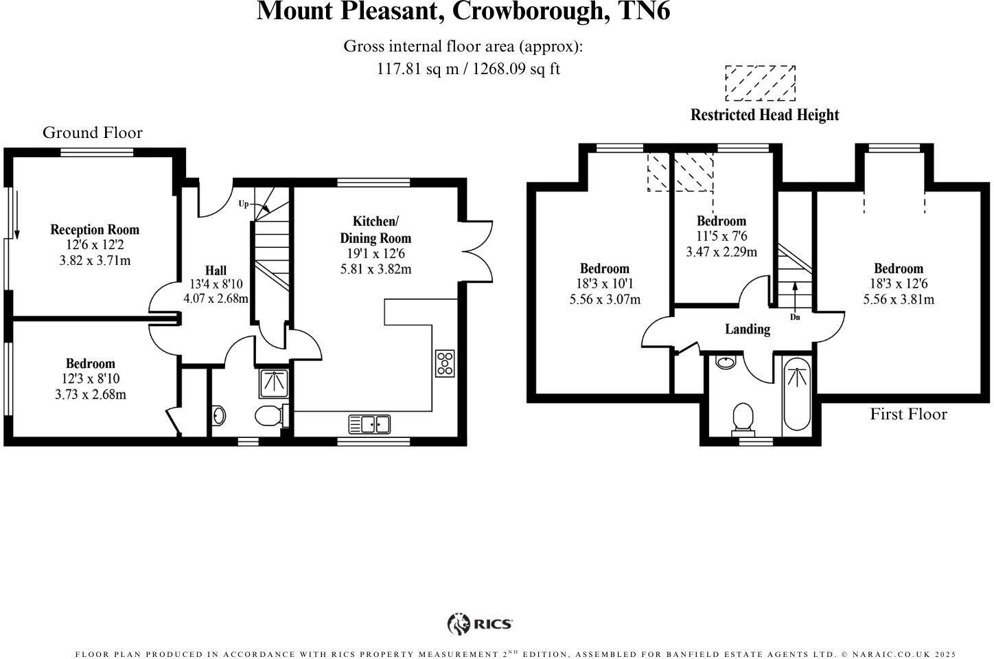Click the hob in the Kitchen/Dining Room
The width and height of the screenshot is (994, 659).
pyautogui.click(x=444, y=363)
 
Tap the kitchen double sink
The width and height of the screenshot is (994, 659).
pyautogui.click(x=369, y=424)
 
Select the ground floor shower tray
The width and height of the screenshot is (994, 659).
pyautogui.click(x=275, y=382)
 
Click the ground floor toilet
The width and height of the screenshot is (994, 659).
pyautogui.click(x=270, y=415)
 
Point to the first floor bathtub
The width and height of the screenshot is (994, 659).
pyautogui.click(x=796, y=395)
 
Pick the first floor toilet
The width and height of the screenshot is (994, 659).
pyautogui.click(x=743, y=418)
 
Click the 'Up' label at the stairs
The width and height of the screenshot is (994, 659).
pyautogui.click(x=243, y=204)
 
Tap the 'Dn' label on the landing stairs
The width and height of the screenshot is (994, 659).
pyautogui.click(x=795, y=317)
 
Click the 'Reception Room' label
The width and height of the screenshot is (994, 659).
pyautogui.click(x=95, y=230)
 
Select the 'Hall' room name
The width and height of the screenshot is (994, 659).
pyautogui.click(x=216, y=270)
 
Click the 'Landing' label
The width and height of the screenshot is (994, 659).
pyautogui.click(x=748, y=329)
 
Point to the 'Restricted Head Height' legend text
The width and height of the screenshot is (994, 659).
pyautogui.click(x=765, y=115)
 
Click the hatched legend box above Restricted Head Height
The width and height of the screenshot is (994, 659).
pyautogui.click(x=760, y=83)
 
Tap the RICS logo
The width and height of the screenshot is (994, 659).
pyautogui.click(x=480, y=624)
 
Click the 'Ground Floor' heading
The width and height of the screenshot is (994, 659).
pyautogui.click(x=93, y=132)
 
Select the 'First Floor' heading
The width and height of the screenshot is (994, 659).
pyautogui.click(x=908, y=414)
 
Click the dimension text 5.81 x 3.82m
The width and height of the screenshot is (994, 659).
pyautogui.click(x=376, y=269)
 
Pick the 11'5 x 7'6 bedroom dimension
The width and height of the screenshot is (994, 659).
pyautogui.click(x=721, y=236)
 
